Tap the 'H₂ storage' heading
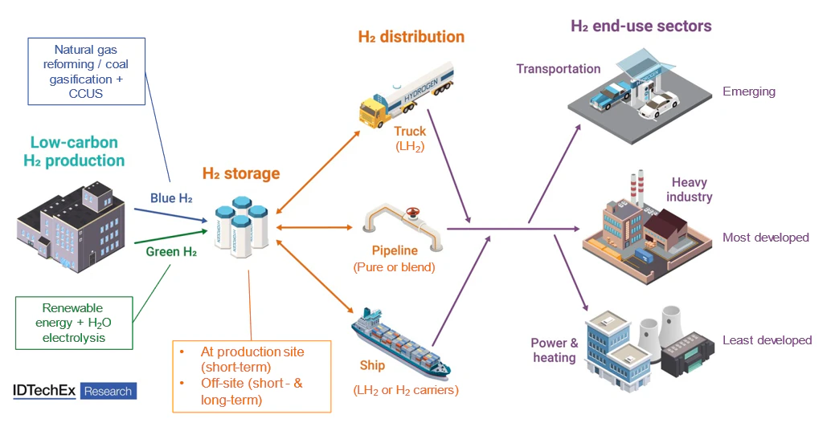click(x=241, y=173)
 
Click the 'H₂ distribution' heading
click(x=411, y=37)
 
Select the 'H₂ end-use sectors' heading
click(x=641, y=26)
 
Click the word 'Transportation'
click(x=559, y=69)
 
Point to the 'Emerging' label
click(x=749, y=91)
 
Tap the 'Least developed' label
click(x=768, y=340)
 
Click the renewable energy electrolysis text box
click(x=73, y=323)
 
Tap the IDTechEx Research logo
click(x=75, y=391)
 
